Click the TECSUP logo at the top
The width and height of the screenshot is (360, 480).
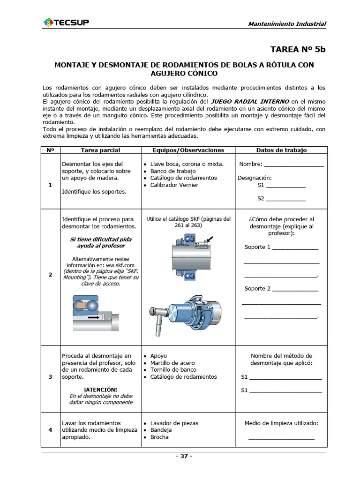pyautogui.click(x=66, y=22)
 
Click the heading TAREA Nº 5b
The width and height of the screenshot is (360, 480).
pyautogui.click(x=298, y=49)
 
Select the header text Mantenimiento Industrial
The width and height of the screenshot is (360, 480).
pyautogui.click(x=287, y=24)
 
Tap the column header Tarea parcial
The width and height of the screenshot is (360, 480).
pyautogui.click(x=100, y=150)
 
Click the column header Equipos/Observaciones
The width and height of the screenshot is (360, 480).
pyautogui.click(x=188, y=150)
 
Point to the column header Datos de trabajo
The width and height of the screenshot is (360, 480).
pyautogui.click(x=281, y=150)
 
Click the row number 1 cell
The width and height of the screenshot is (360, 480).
pyautogui.click(x=50, y=185)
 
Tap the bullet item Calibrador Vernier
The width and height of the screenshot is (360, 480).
pyautogui.click(x=174, y=185)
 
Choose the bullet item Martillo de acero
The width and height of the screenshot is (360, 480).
pyautogui.click(x=172, y=363)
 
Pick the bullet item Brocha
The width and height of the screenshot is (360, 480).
pyautogui.click(x=159, y=437)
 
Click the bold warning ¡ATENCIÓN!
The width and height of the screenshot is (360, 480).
pyautogui.click(x=100, y=390)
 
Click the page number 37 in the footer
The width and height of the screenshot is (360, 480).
pyautogui.click(x=184, y=457)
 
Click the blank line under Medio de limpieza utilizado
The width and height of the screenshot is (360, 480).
pyautogui.click(x=281, y=438)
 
